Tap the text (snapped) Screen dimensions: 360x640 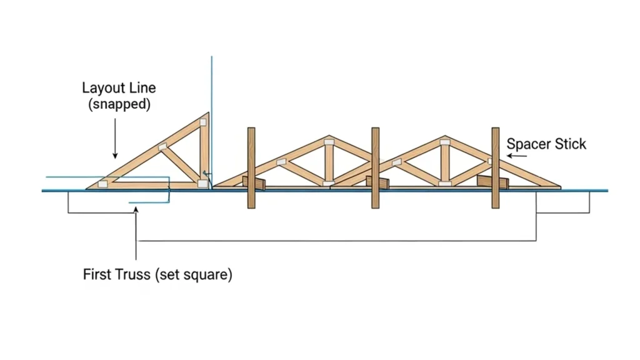119,104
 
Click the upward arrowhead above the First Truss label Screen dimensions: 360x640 136,209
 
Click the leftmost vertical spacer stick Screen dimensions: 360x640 251,167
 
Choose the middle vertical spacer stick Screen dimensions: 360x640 375,167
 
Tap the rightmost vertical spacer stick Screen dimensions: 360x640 495,167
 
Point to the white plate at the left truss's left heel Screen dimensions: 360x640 102,183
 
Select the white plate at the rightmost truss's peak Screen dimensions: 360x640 444,143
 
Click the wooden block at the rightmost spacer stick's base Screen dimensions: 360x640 489,181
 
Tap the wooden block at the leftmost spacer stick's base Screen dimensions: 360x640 255,182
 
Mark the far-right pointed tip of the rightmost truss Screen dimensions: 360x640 559,186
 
